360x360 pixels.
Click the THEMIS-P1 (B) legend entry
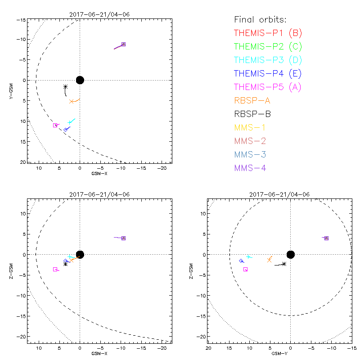(268, 33)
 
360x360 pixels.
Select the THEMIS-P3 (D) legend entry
(268, 60)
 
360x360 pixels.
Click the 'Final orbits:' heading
(260, 20)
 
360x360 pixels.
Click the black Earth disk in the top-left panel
(80, 80)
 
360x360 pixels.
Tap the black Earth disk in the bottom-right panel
(291, 255)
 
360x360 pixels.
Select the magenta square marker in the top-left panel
(55, 125)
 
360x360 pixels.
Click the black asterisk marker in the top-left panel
(66, 87)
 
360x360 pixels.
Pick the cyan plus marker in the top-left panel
(70, 122)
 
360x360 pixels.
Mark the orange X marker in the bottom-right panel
(270, 260)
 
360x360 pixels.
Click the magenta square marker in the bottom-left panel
(55, 269)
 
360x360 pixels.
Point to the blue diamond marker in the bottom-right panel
(241, 261)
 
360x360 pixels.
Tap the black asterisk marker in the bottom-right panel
(284, 264)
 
